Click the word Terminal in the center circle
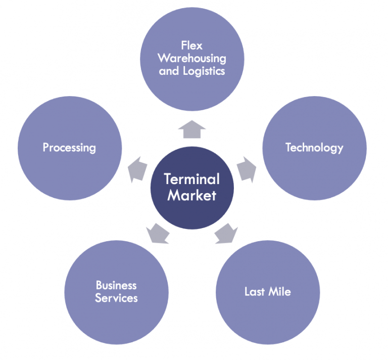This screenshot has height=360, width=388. tap(191, 179)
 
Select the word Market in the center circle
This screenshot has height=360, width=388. tap(191, 195)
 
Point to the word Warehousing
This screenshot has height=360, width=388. tap(192, 59)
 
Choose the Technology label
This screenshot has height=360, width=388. tap(314, 147)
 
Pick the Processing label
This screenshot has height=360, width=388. tap(69, 148)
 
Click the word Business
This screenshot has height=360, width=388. tap(116, 286)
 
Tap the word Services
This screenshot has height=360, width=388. tap(116, 298)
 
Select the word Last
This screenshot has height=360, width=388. tap(255, 292)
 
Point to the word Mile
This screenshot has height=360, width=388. tap(279, 292)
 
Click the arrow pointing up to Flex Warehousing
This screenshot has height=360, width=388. tap(191, 129)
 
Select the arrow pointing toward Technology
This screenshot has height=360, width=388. tap(246, 168)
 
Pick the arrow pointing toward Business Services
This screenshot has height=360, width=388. tap(158, 233)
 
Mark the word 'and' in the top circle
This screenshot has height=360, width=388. tap(169, 71)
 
